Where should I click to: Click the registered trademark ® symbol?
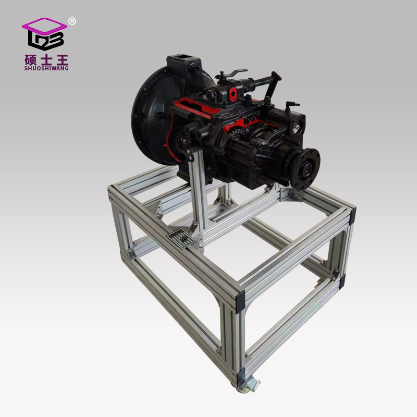[72, 21]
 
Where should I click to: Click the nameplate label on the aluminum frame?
[180, 240]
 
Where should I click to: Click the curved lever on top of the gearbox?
[233, 73]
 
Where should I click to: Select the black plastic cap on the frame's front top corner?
[240, 302]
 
